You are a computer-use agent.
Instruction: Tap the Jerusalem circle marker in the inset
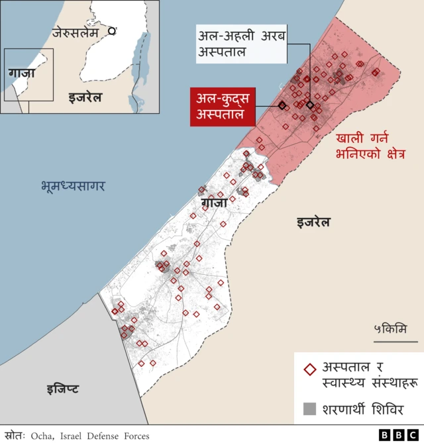(112, 30)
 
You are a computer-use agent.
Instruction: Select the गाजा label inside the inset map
(23, 72)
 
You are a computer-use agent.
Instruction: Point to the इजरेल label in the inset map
(85, 98)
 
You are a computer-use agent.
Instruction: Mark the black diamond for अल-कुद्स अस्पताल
(282, 105)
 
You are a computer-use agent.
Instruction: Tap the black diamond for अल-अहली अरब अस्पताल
(309, 104)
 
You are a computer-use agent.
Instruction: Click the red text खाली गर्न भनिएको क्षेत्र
(370, 146)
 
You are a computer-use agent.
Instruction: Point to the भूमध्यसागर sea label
(72, 186)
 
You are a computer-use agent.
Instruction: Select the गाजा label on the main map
(213, 202)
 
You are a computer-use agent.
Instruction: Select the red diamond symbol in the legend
(309, 370)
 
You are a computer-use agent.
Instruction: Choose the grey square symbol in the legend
(309, 409)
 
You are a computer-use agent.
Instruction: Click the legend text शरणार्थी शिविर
(362, 409)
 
